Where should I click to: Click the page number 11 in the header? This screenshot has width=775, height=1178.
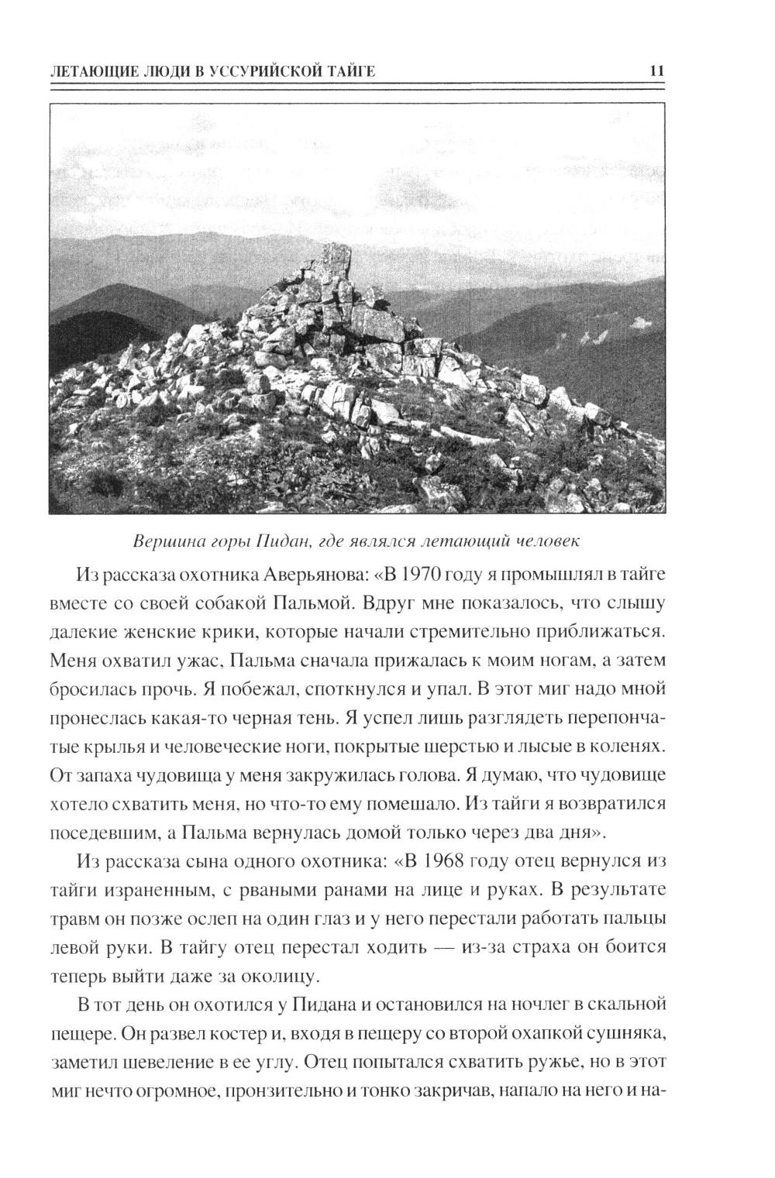656,71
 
